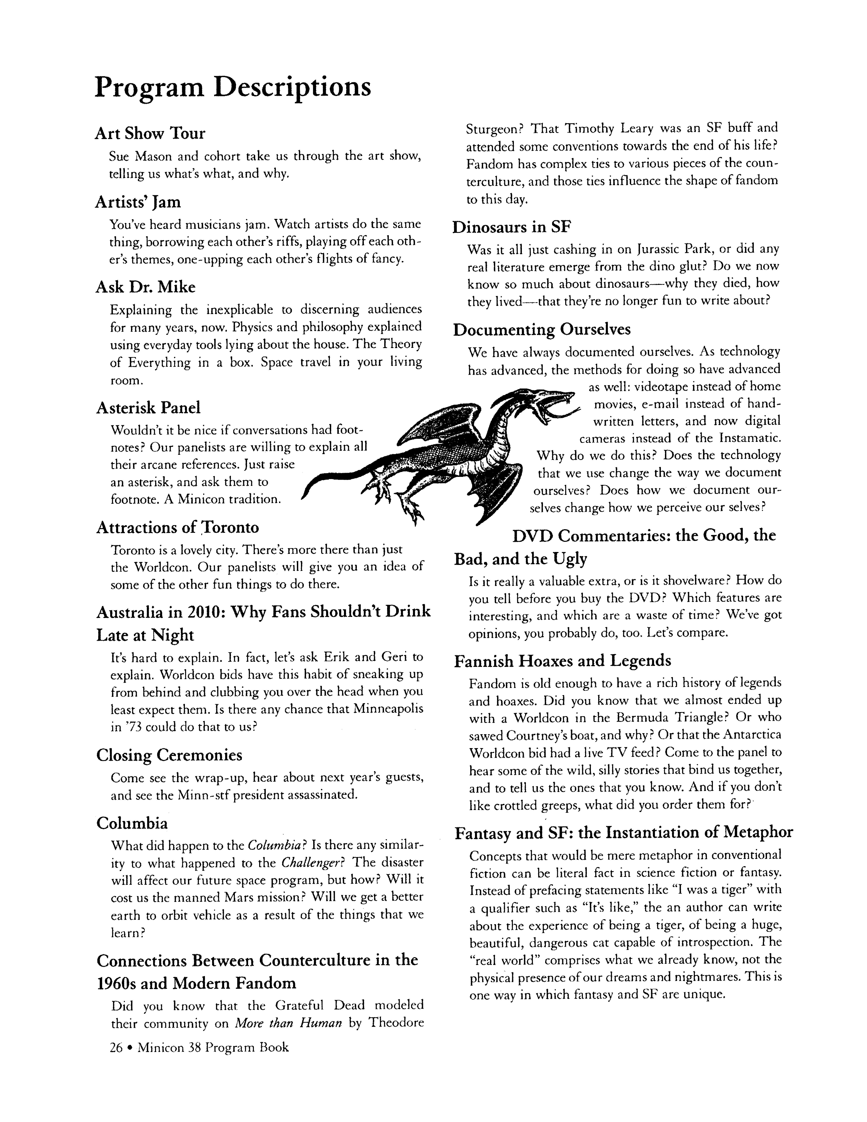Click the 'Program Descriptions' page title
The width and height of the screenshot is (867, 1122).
233,86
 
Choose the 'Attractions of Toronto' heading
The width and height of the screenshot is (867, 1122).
178,528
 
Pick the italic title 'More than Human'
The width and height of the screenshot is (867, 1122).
288,1023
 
